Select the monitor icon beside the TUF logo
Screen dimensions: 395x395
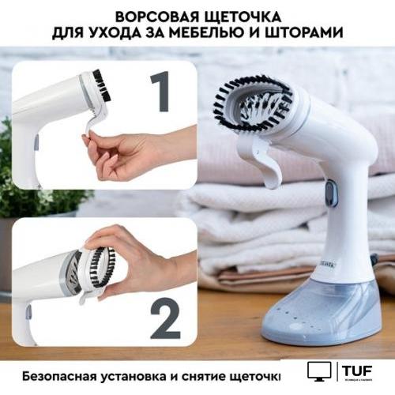point(319,371)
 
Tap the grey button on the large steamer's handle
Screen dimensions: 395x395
point(330,190)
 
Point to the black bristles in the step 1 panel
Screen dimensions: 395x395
point(102,85)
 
